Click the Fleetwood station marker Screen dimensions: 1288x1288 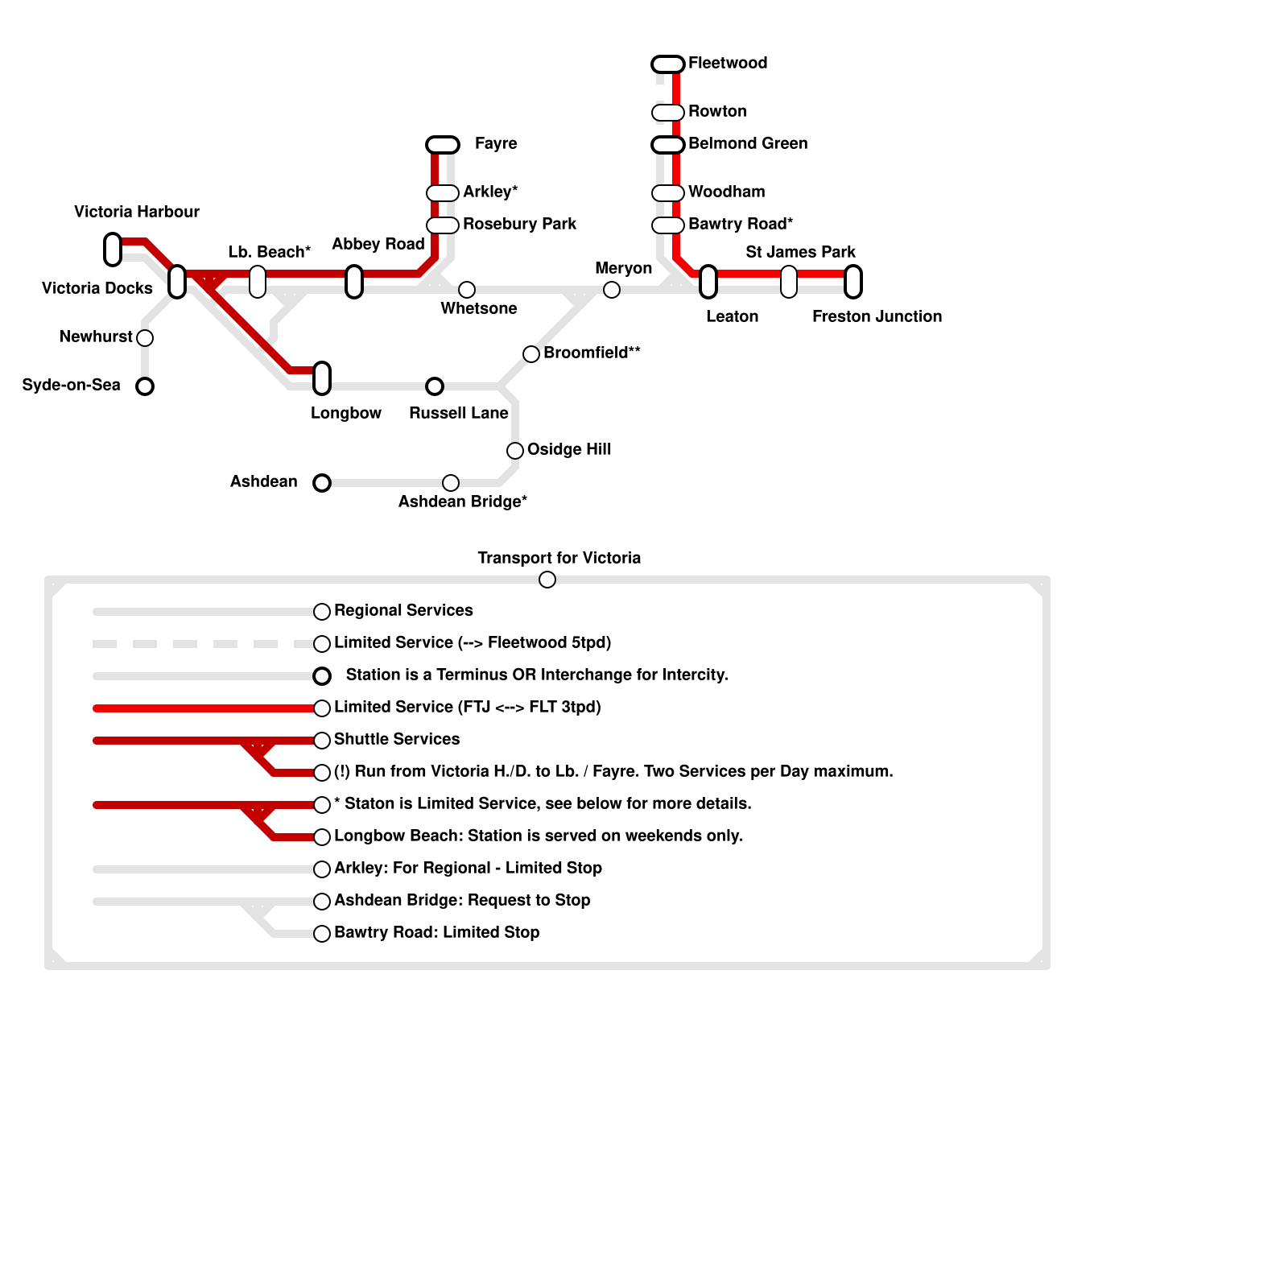point(668,64)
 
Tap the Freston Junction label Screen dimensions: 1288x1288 point(877,316)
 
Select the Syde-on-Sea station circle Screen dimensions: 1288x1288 point(145,386)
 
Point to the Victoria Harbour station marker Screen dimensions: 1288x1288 point(113,250)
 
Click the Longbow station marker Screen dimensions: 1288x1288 point(322,378)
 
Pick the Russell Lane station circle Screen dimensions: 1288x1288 point(435,386)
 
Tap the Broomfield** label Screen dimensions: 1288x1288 point(592,353)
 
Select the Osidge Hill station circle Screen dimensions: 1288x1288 point(515,451)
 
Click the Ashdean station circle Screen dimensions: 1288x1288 point(322,483)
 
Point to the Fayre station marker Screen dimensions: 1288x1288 point(443,145)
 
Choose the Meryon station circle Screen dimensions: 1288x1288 point(612,290)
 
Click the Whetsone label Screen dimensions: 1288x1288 point(479,308)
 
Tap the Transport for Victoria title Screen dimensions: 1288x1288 point(559,558)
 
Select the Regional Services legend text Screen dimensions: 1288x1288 point(403,610)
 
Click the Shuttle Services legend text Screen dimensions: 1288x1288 point(397,739)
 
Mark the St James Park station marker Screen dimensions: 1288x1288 point(789,282)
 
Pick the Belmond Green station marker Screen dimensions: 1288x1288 point(668,145)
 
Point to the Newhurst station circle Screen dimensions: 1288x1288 point(145,338)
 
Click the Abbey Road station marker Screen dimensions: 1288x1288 point(354,282)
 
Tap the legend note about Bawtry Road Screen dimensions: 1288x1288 point(436,932)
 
